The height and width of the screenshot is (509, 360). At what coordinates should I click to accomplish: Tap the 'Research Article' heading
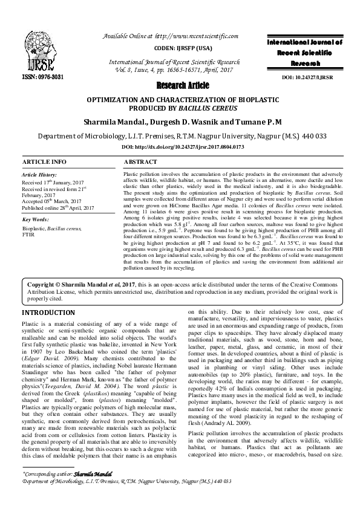[180, 85]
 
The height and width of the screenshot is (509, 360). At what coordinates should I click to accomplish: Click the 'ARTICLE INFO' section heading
[44, 163]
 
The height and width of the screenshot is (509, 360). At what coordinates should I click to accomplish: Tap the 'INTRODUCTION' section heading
[50, 313]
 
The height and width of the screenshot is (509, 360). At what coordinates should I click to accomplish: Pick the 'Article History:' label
[39, 174]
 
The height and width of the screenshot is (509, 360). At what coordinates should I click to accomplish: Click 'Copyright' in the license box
[45, 283]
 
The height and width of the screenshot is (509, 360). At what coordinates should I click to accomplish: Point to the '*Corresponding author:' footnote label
[45, 476]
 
